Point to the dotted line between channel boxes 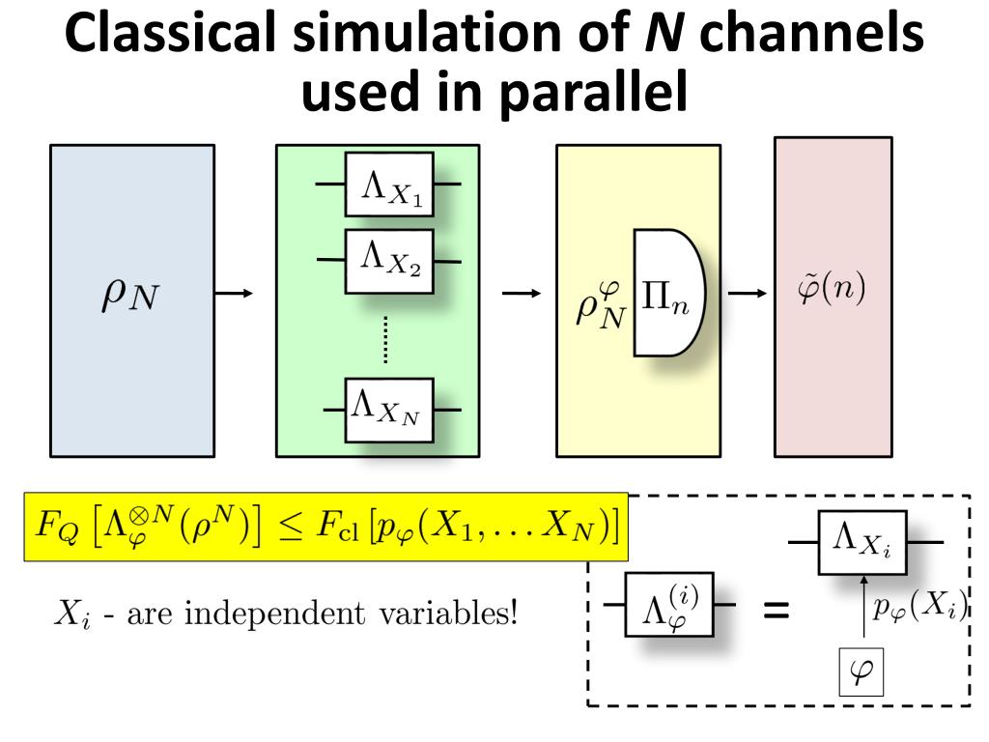pos(386,338)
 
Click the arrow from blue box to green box pos(235,293)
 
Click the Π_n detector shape pos(668,293)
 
